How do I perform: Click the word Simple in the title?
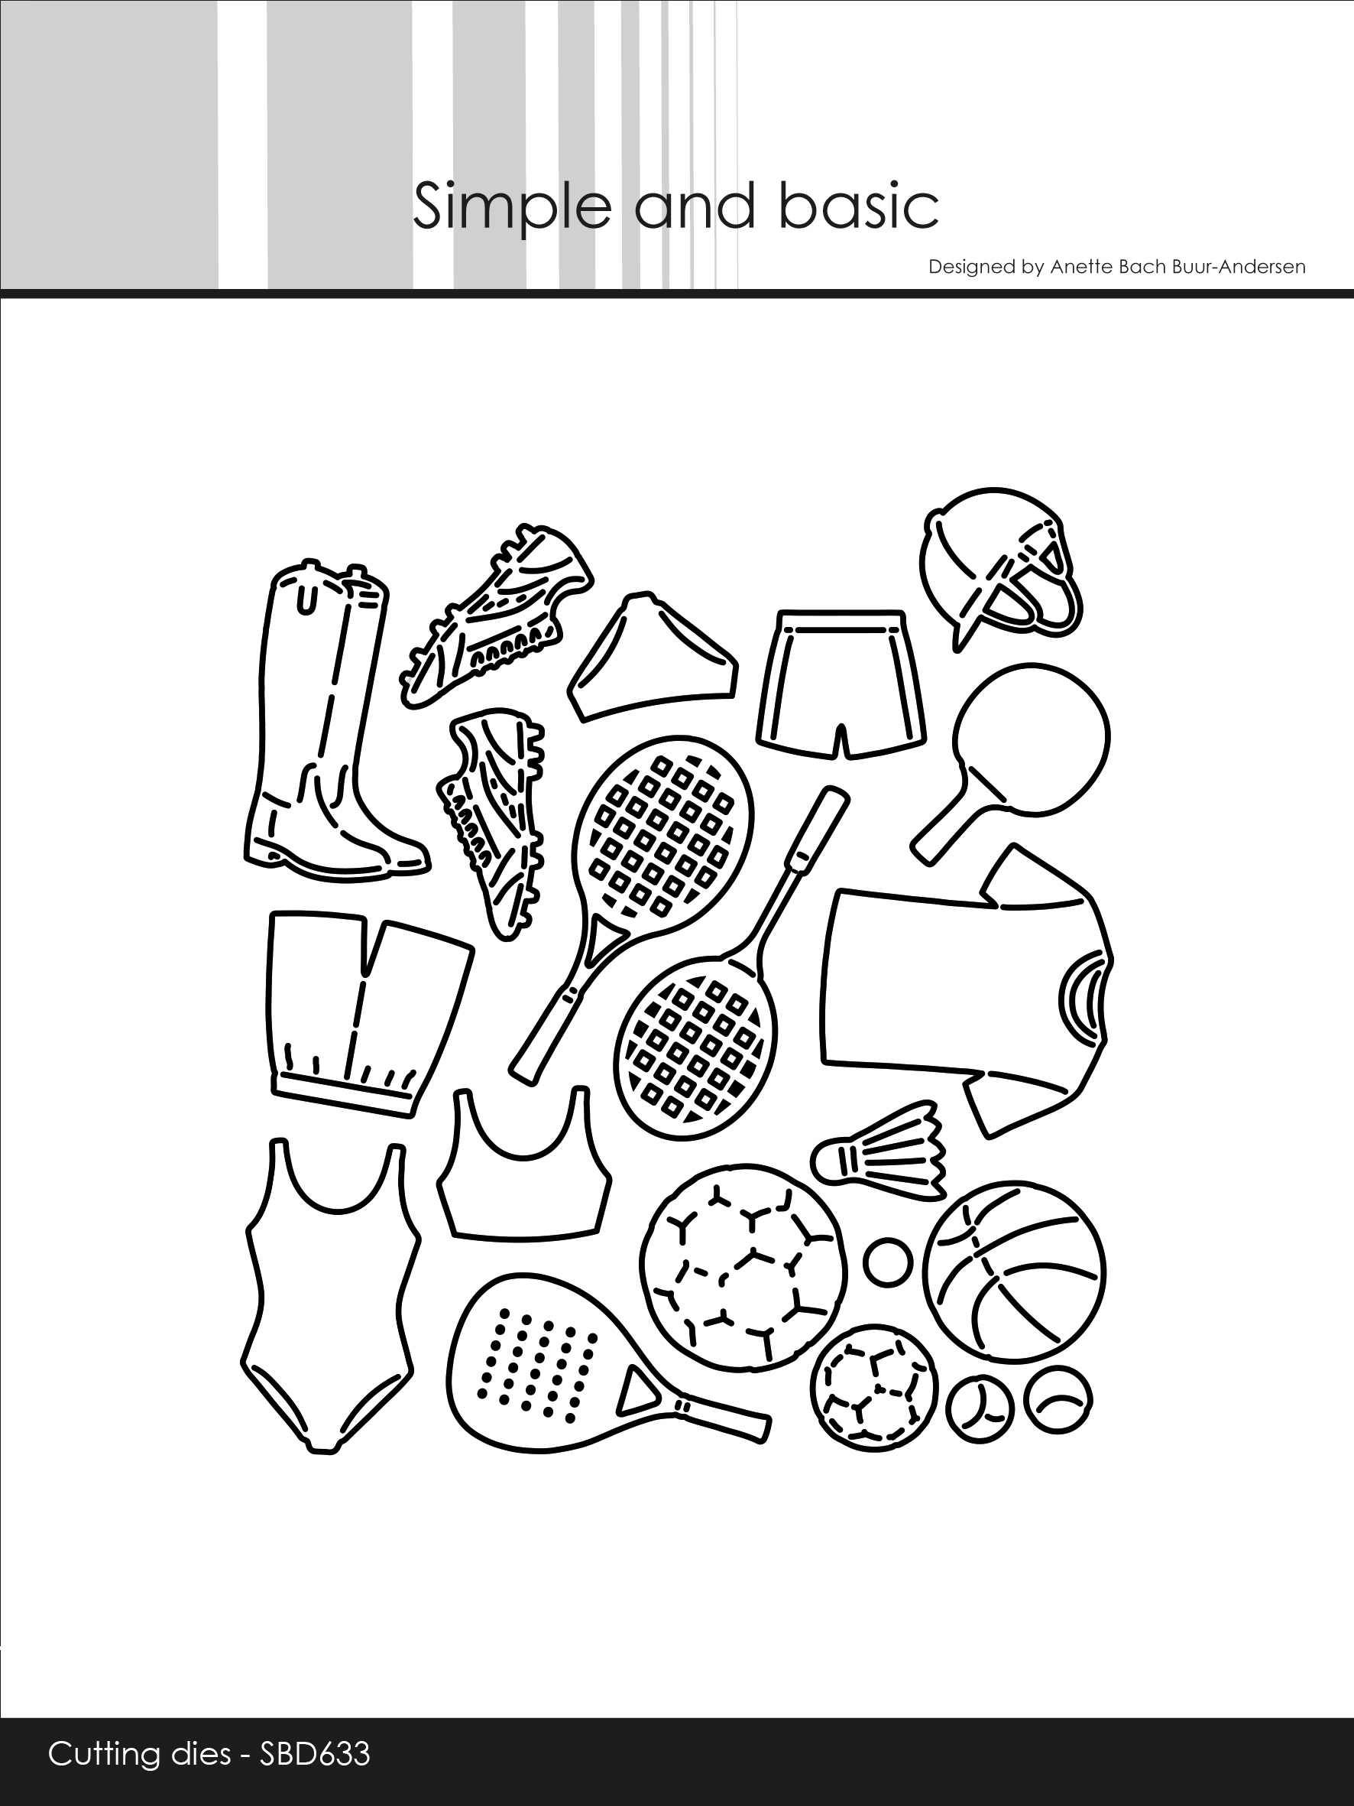coord(512,206)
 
